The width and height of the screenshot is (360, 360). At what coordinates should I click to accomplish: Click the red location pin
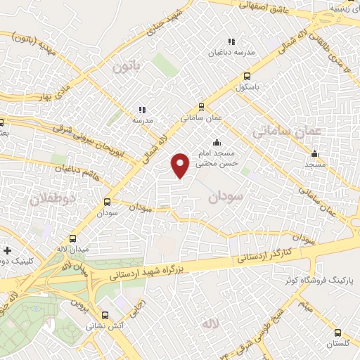click(x=181, y=165)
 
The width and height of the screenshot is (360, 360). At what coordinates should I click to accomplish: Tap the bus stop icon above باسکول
click(x=247, y=77)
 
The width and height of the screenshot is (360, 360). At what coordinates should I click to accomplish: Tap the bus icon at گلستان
click(x=338, y=333)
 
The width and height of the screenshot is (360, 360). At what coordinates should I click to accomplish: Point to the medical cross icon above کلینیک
click(x=7, y=250)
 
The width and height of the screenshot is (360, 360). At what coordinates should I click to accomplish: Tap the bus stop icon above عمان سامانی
click(x=202, y=107)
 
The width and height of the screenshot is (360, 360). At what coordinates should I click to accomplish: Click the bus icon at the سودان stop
click(x=107, y=200)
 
